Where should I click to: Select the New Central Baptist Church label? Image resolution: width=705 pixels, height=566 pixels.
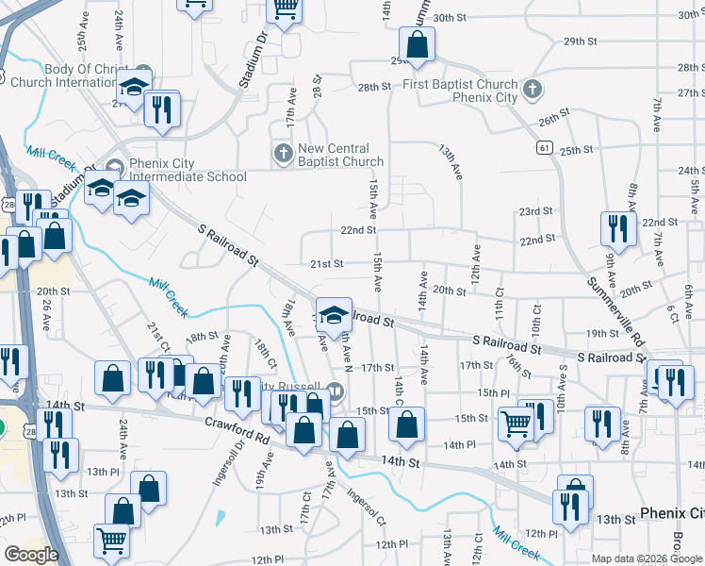340,155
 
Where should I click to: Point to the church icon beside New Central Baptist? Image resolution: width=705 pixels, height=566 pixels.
282,152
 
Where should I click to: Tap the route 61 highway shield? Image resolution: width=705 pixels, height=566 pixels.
545,148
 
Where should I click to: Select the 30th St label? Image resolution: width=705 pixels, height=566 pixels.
451,18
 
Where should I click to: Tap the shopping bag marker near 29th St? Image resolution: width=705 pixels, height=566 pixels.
416,43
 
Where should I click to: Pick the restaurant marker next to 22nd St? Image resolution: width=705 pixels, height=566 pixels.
614,228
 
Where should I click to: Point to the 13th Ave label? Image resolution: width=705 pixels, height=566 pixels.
451,162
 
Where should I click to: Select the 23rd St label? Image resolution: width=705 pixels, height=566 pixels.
534,211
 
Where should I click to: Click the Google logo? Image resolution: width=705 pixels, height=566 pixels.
31,555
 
